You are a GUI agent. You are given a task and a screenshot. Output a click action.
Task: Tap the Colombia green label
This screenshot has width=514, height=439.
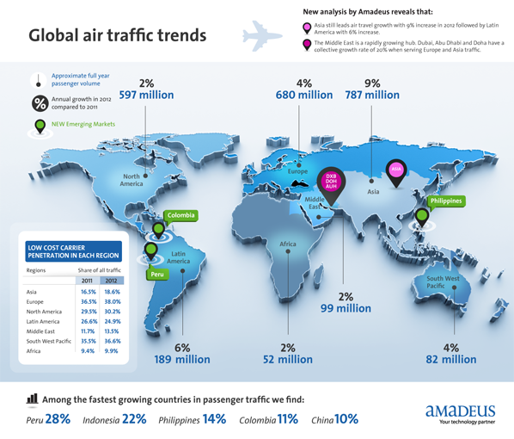(181, 215)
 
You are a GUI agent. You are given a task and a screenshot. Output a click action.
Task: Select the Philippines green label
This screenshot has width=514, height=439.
(445, 201)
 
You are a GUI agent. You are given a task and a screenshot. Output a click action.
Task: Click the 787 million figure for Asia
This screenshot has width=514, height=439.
(371, 95)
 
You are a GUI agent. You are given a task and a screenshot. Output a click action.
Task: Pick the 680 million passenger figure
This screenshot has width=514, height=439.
(303, 95)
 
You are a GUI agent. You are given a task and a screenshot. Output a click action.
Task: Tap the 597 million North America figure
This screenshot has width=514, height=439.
(146, 95)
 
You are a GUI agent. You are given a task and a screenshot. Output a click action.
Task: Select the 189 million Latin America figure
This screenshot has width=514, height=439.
(181, 359)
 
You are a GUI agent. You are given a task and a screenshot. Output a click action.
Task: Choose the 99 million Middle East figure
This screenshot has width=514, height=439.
(346, 307)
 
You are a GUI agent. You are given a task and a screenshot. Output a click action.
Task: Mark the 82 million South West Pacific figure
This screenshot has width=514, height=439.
(450, 359)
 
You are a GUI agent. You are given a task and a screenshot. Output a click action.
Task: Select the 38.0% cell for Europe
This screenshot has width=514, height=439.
(112, 302)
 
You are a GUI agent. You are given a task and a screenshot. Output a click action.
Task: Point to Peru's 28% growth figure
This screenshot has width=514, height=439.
(58, 419)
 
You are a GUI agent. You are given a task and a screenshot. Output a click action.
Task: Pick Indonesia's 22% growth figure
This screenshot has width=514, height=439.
(134, 419)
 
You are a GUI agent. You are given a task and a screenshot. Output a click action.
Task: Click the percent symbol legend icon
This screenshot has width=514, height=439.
(40, 103)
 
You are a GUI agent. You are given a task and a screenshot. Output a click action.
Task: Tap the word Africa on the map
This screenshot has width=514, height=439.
(288, 244)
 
